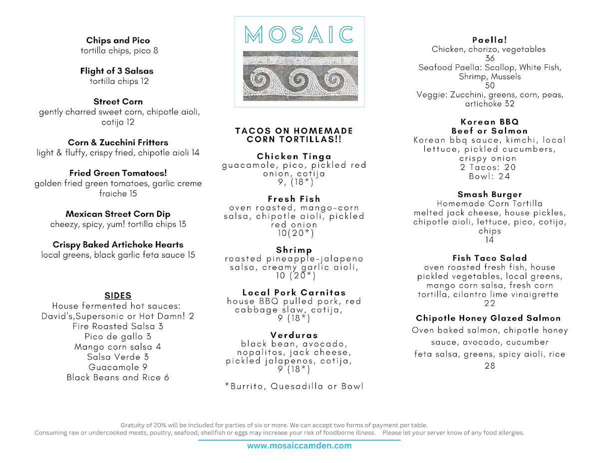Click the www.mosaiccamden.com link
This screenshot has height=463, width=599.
[x=299, y=446]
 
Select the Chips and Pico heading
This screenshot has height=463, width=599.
[x=118, y=40]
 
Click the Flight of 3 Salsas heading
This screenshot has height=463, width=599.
[x=117, y=71]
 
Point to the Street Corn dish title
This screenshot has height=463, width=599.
[x=118, y=101]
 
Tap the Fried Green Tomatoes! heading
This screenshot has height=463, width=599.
[x=118, y=173]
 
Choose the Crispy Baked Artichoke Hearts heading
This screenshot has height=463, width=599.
[x=118, y=245]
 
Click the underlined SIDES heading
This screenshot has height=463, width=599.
[x=118, y=296]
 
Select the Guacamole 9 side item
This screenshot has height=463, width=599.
[x=118, y=367]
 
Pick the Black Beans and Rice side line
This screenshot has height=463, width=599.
[x=118, y=378]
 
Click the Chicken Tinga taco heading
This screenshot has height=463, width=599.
[x=294, y=156]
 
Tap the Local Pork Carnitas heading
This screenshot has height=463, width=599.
[x=294, y=293]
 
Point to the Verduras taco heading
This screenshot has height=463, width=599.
[x=294, y=335]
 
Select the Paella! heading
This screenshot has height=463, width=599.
[x=489, y=40]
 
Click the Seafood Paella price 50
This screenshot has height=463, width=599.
[x=490, y=85]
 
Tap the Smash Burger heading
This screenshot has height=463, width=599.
[x=490, y=194]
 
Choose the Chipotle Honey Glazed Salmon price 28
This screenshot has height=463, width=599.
[x=490, y=366]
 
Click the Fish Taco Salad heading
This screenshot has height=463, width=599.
[x=490, y=258]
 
